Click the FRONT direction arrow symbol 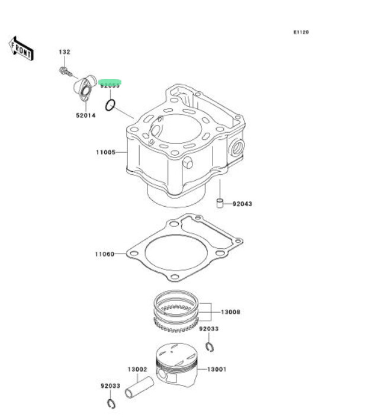pyautogui.click(x=21, y=48)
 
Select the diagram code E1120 pyautogui.click(x=301, y=32)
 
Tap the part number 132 pyautogui.click(x=64, y=52)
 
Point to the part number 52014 pyautogui.click(x=85, y=116)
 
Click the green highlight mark pyautogui.click(x=110, y=82)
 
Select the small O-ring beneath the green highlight pyautogui.click(x=110, y=106)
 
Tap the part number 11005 pyautogui.click(x=105, y=153)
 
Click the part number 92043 pyautogui.click(x=242, y=204)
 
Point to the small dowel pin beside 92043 pyautogui.click(x=219, y=204)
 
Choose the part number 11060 pyautogui.click(x=104, y=255)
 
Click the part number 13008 pyautogui.click(x=231, y=312)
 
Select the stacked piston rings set pyautogui.click(x=176, y=312)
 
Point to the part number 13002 pyautogui.click(x=137, y=369)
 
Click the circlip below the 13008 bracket pyautogui.click(x=209, y=345)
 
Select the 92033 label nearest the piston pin pyautogui.click(x=110, y=386)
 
